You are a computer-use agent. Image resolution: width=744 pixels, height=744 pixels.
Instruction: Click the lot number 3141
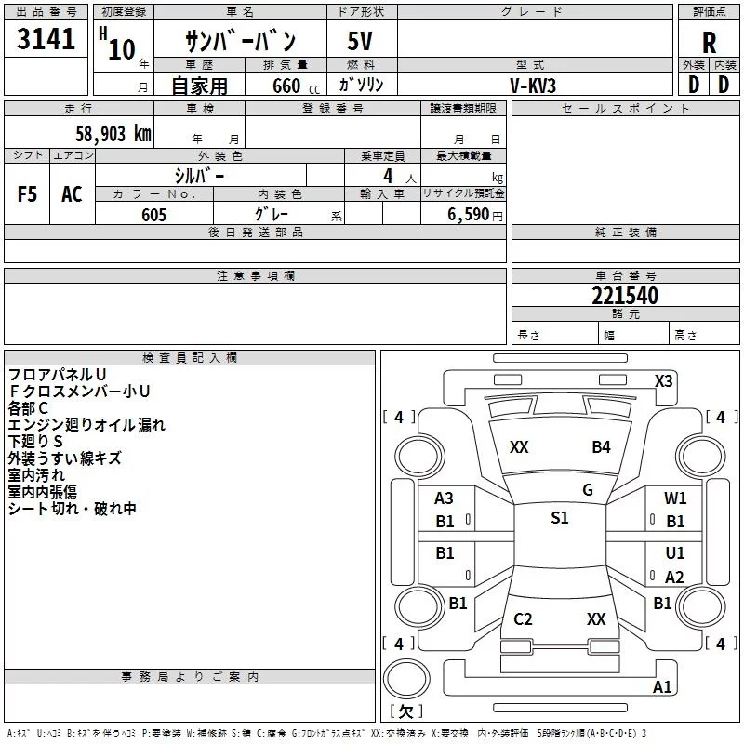point(46,38)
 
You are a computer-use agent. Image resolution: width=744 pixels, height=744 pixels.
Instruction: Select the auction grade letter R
point(709,43)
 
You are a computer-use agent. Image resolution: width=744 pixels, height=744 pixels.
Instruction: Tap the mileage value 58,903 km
point(113,133)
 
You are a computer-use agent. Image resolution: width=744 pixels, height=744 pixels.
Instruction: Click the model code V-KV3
point(533,86)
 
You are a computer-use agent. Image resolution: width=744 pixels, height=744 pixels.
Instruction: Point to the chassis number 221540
point(625,295)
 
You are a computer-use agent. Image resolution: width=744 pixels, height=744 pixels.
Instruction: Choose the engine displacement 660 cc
point(296,86)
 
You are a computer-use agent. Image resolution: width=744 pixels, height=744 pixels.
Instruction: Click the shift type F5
point(27,194)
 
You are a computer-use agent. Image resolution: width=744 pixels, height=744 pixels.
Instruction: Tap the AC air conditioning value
point(73,194)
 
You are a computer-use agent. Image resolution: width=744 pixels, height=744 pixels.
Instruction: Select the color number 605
point(153,215)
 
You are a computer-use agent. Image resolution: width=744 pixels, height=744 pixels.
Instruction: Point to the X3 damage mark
point(663,381)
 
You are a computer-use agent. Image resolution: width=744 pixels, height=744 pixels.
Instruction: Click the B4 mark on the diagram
point(601,447)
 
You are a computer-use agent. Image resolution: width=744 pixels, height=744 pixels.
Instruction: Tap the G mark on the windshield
point(588,490)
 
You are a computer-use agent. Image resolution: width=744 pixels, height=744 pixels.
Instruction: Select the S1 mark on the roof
point(560,518)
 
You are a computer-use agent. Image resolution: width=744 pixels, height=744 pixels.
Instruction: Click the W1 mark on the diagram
point(675,498)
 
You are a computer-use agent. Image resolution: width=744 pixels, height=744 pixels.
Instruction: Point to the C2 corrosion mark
point(523,619)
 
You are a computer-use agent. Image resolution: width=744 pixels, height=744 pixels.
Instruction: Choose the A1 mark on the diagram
point(662,687)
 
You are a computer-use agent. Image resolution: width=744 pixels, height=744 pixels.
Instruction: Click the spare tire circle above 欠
point(406,679)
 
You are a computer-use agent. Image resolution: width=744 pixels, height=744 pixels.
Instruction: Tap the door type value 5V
point(360,41)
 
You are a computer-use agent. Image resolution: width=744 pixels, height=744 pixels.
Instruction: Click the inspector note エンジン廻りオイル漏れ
point(86,425)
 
